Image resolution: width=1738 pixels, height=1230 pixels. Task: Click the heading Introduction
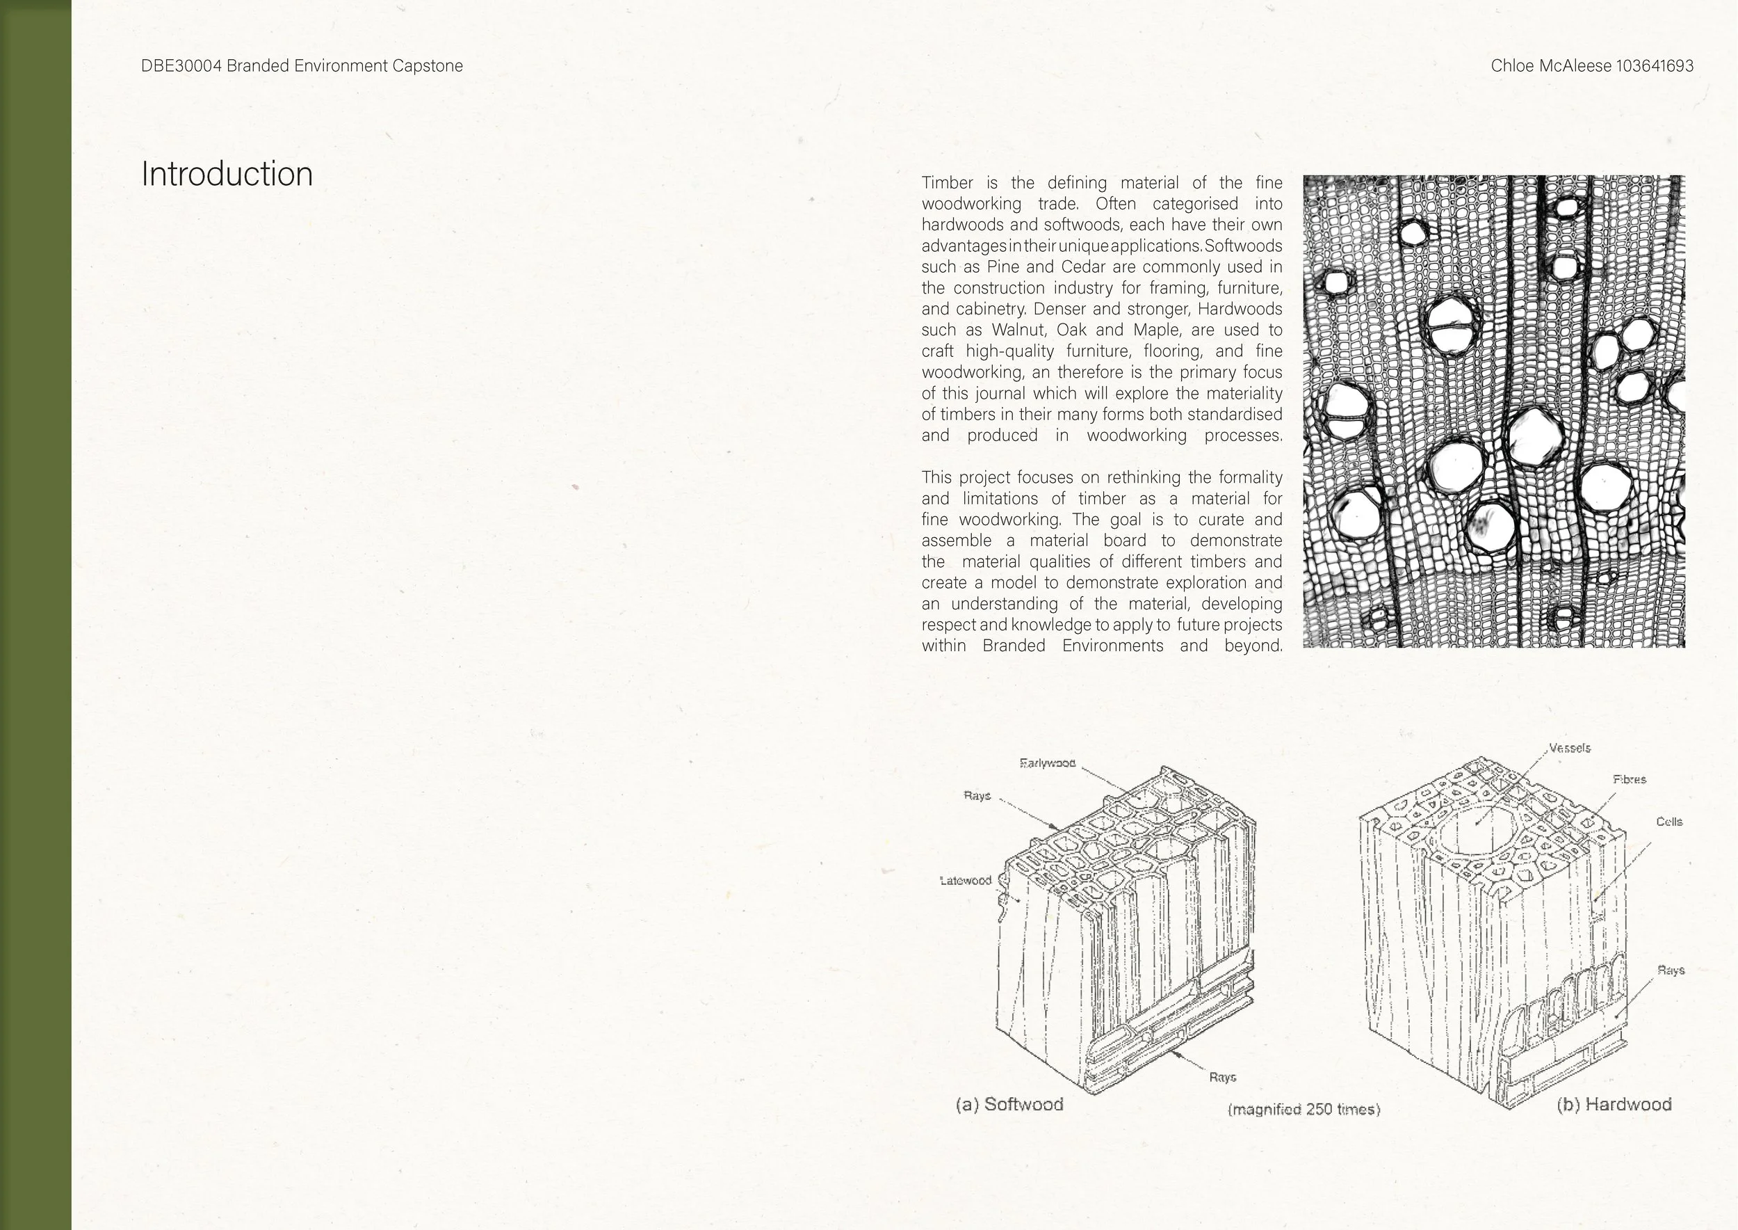[227, 174]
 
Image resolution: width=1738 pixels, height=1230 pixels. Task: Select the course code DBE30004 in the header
[181, 66]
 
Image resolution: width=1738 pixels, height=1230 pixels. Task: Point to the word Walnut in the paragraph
[1020, 330]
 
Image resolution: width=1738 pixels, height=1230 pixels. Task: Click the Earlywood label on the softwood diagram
[1047, 762]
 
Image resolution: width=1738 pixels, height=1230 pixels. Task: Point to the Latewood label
[965, 880]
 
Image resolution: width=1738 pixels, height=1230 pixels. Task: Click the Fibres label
[1629, 779]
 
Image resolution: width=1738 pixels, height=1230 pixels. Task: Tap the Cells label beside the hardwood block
[1668, 822]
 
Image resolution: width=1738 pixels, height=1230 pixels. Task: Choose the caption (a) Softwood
[1010, 1104]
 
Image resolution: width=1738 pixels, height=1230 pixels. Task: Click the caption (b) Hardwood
[1614, 1104]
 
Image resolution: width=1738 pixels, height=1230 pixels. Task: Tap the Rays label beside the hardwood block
[1671, 971]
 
